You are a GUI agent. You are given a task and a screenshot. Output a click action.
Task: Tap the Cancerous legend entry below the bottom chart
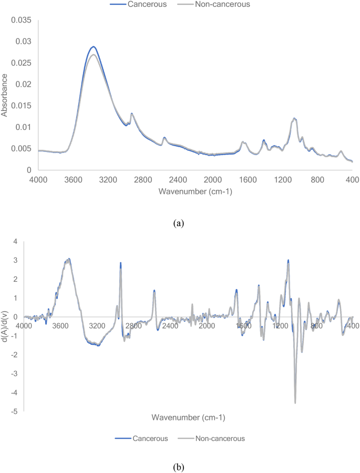point(141,438)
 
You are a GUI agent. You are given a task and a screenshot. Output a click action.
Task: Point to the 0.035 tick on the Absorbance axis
point(22,20)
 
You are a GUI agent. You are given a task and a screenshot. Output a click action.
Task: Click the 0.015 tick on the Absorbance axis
point(22,106)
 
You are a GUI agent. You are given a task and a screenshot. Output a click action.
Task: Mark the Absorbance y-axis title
point(5,95)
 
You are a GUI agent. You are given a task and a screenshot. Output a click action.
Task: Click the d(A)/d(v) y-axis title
point(6,326)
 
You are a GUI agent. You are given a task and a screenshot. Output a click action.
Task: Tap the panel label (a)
point(180,223)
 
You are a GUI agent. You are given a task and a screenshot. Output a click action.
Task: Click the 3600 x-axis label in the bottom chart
point(61,326)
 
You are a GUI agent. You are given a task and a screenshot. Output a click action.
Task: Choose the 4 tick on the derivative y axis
point(16,241)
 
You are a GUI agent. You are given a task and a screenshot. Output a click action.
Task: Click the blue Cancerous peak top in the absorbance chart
point(94,47)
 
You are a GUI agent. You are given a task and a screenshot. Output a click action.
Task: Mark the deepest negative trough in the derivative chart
point(295,403)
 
